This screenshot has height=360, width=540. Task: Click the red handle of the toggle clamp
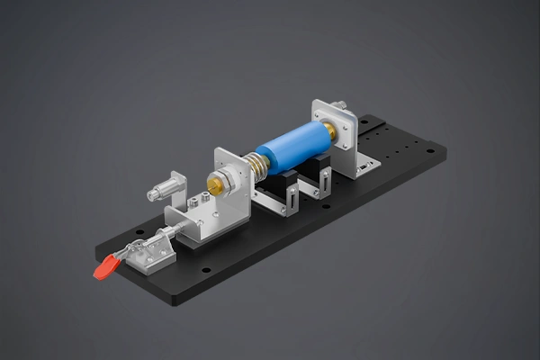(106, 265)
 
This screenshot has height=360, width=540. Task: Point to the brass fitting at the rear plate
(332, 131)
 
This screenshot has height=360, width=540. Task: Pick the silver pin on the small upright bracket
(161, 191)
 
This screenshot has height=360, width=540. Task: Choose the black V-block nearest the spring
(274, 191)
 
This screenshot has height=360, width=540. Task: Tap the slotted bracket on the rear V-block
(312, 185)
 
